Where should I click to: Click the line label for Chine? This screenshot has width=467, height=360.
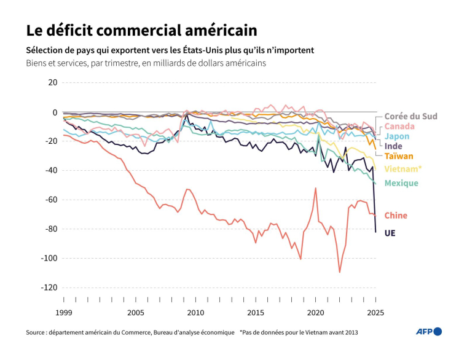396,215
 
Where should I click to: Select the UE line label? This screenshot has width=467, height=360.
390,233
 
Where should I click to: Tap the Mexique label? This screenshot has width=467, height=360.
401,183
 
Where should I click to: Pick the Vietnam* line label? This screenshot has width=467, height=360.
403,168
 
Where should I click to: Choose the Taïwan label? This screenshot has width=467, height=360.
399,156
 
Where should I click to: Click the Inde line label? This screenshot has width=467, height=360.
393,146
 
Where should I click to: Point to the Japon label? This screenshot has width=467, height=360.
396,136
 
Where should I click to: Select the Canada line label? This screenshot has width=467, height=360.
399,126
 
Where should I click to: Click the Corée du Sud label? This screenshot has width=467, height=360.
410,116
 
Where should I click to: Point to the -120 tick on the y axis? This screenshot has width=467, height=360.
49,288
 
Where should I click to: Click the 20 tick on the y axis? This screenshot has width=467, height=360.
52,82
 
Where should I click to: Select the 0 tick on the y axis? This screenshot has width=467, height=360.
54,112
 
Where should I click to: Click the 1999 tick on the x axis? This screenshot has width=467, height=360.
63,313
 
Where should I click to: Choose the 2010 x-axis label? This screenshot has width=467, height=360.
195,313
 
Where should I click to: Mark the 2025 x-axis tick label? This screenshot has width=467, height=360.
375,313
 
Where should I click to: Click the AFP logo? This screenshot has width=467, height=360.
429,332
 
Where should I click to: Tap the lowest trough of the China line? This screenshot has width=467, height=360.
340,272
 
